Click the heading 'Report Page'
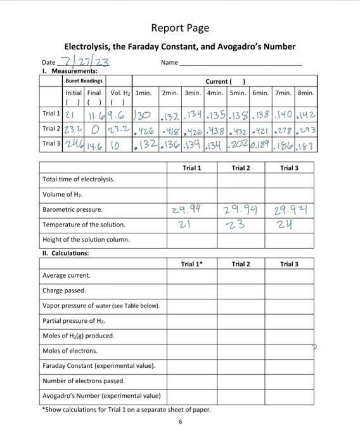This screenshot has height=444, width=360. tap(180, 28)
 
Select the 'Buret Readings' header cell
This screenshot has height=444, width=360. tap(84, 81)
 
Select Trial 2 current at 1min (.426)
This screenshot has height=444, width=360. tap(146, 130)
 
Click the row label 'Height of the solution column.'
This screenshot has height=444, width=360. tap(86, 240)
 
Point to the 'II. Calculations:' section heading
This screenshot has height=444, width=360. tap(65, 253)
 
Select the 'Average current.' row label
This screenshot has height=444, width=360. tap(66, 275)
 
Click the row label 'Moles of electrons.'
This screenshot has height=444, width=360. tap(70, 351)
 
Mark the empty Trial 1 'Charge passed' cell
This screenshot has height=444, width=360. tap(191, 291)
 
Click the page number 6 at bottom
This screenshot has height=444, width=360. tap(180, 422)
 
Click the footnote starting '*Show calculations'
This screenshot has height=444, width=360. tap(125, 410)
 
